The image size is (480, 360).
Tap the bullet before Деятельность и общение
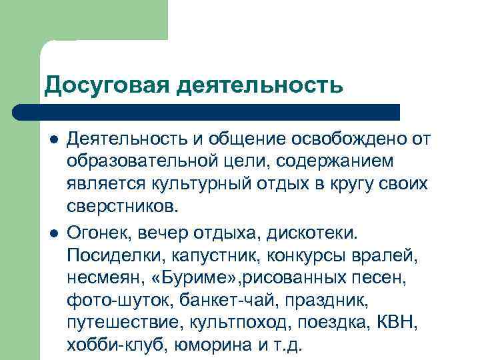pos(51,140)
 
